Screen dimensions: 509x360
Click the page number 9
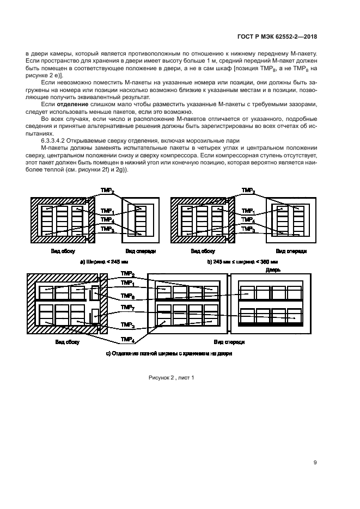[315, 463]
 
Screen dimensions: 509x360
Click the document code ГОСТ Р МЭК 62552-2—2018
[277, 37]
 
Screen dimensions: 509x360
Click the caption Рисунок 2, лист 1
[171, 377]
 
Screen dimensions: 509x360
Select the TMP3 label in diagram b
[248, 230]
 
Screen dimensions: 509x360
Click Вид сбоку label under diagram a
[57, 252]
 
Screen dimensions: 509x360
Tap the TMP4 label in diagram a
[107, 220]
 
